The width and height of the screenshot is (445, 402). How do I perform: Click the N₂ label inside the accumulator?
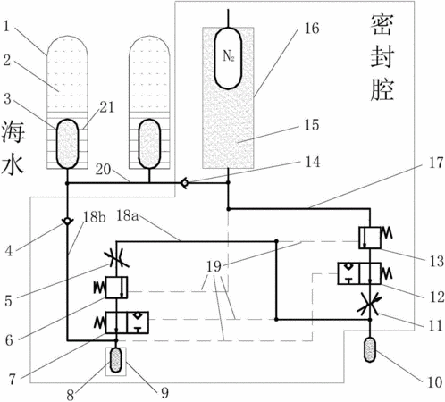tap(229, 55)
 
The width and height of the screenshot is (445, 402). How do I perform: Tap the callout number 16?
tap(312, 29)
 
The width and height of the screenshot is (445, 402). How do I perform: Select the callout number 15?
tap(312, 125)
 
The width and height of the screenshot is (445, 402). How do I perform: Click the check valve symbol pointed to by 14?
tap(185, 183)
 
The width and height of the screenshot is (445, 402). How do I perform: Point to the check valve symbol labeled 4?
tap(67, 222)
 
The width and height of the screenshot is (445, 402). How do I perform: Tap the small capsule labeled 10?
tap(370, 349)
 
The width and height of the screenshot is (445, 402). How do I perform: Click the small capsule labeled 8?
tap(116, 361)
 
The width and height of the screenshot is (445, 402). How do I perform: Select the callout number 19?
tap(214, 266)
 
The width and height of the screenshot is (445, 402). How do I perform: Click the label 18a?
tap(127, 215)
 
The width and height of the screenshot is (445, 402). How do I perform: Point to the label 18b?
tap(94, 217)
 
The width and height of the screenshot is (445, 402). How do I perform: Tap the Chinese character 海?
tap(13, 131)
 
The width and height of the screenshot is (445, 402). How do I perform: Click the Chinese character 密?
tap(382, 25)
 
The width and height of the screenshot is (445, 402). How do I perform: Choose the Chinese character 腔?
tap(382, 89)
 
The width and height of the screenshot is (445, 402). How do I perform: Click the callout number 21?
tap(106, 107)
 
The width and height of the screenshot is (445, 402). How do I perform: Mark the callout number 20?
tap(103, 170)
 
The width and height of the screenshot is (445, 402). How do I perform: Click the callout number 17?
tap(436, 163)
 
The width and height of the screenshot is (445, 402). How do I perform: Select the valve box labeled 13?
tap(370, 238)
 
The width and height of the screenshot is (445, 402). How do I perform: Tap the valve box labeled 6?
tap(116, 288)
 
